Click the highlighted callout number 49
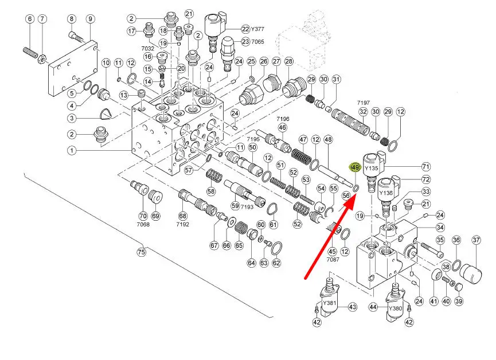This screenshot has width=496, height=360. pos(355,167)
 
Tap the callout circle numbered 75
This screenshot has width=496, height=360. pos(141,252)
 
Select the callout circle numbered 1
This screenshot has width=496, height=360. pos(72,151)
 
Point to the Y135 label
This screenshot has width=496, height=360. pos(372,169)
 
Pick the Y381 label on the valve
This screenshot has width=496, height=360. pos(329,303)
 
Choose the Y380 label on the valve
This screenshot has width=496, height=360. pos(395,308)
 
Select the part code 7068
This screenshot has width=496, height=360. pos(143,225)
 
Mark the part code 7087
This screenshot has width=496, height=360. pos(333,260)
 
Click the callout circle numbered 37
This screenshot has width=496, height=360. pos(476,240)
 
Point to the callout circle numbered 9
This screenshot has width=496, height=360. pos(90,19)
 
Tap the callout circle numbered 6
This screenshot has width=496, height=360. pos(30,19)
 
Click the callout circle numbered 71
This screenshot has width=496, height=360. pos(425,167)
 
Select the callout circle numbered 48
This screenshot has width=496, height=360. pos(328,139)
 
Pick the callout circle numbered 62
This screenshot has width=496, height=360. pos(276,264)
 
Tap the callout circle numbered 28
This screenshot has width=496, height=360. pos(288,61)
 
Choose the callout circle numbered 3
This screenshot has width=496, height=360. pos(72,119)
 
